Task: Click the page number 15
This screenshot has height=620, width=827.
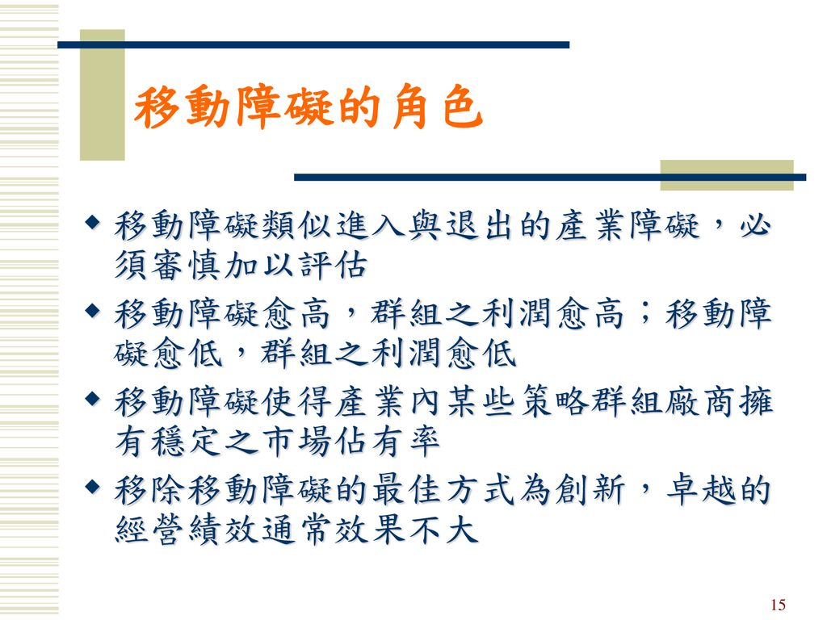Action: (778, 605)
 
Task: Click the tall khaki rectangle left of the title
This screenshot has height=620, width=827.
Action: (103, 95)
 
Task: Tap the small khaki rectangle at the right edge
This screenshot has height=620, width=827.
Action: (726, 175)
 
